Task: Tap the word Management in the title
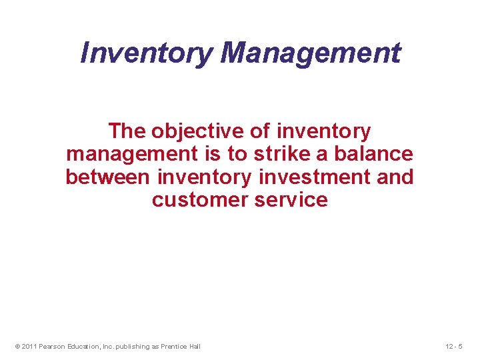311,53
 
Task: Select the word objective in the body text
199,131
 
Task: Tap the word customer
196,200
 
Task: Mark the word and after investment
395,177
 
